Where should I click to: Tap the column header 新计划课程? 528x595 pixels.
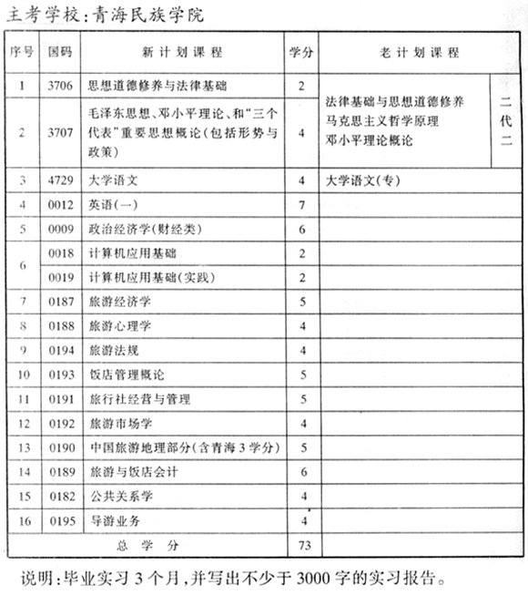click(182, 53)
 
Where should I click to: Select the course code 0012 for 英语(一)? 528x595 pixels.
click(60, 206)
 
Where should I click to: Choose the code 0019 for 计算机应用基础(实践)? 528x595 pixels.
click(60, 277)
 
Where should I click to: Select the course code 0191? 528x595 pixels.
click(60, 399)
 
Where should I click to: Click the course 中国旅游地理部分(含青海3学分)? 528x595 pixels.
click(183, 447)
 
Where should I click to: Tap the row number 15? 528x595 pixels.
click(24, 496)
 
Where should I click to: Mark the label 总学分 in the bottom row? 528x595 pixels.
click(147, 545)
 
